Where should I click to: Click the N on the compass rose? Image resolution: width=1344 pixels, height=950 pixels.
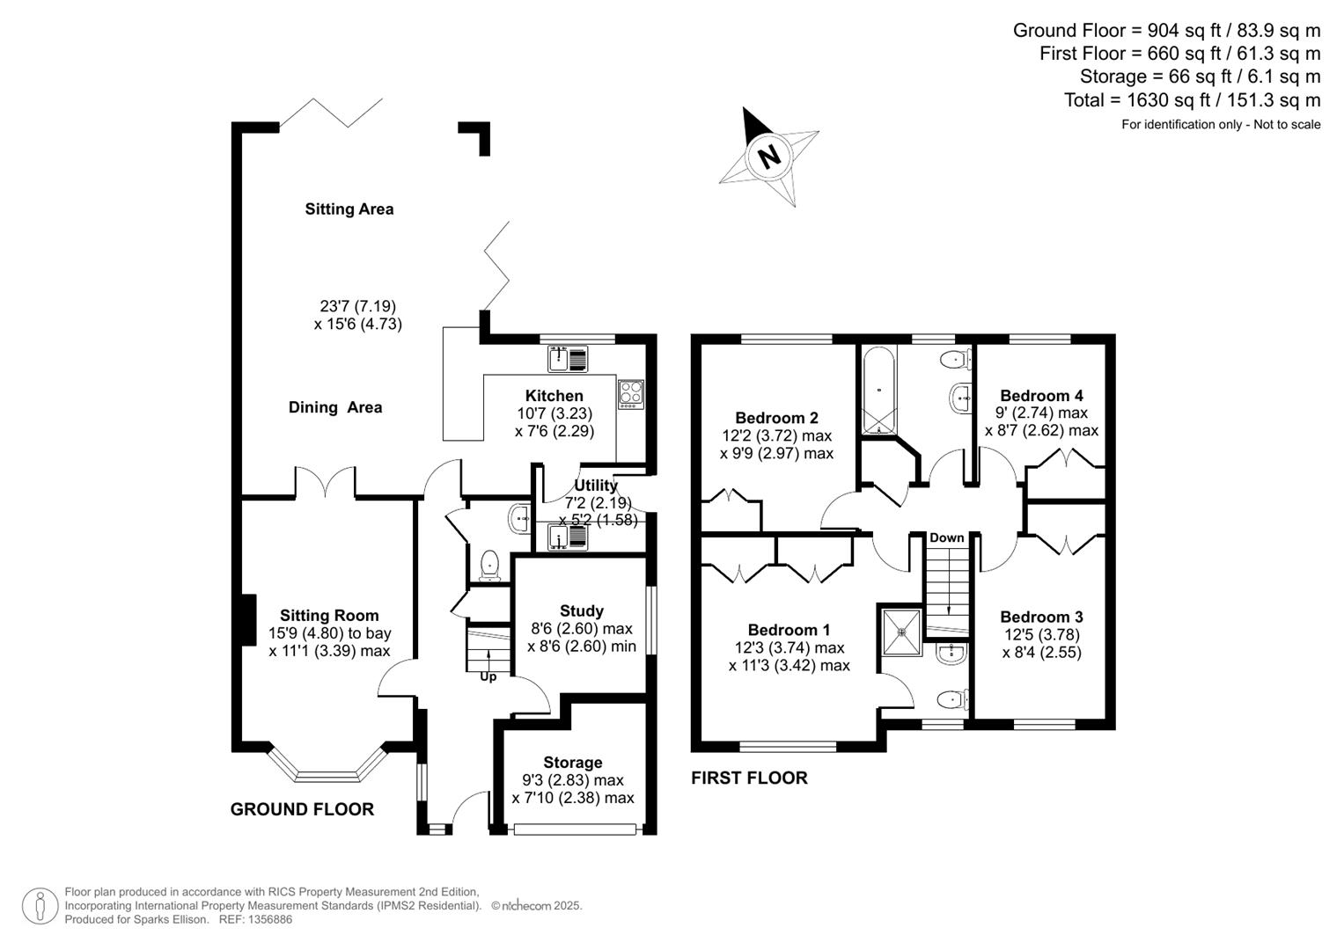pos(769,157)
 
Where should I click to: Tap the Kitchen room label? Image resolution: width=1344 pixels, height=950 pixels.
pos(554,396)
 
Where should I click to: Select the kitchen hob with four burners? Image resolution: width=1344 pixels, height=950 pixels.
pos(631,392)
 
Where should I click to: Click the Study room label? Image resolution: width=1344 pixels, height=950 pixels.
pos(581,610)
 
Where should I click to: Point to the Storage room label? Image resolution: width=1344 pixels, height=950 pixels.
pos(572,763)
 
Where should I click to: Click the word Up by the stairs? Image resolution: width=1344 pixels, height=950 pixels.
pos(488,676)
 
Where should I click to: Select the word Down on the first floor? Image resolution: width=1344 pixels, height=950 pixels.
pos(946,537)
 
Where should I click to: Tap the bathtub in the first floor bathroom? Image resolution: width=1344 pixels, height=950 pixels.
pos(878,390)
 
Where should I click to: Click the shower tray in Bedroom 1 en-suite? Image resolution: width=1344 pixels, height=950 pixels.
pos(900,631)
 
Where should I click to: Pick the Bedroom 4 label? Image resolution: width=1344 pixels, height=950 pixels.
pos(1041,396)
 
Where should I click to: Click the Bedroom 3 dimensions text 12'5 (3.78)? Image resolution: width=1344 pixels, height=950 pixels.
pos(1041,634)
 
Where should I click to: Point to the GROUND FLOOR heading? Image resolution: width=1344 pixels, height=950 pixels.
pos(302,809)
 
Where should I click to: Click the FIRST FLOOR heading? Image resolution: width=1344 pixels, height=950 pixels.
pos(749,778)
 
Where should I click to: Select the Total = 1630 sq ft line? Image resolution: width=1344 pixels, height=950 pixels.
pos(1192,100)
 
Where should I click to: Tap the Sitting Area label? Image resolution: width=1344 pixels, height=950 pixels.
pos(349,209)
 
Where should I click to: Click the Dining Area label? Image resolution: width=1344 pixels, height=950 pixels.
pos(335,407)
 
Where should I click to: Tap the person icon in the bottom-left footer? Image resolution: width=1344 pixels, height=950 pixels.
pos(40,906)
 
